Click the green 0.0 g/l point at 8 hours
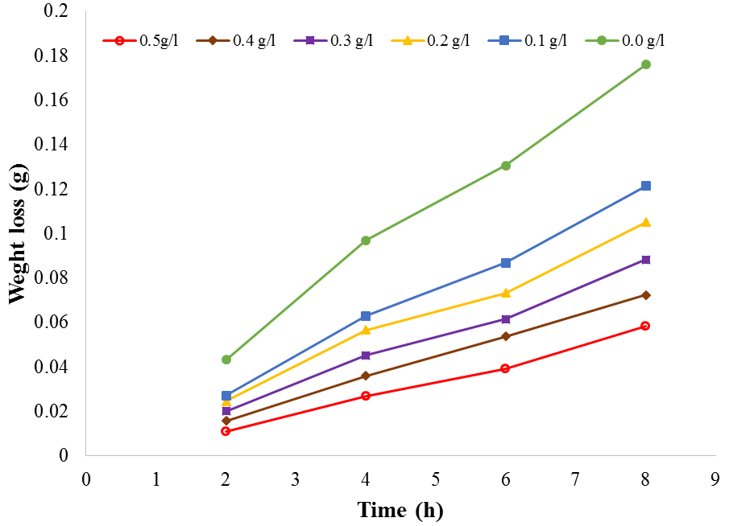coord(645,64)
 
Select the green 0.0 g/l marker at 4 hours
coord(366,240)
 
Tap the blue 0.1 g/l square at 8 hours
coord(645,186)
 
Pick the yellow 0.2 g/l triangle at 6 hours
coord(505,293)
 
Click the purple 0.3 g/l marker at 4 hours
coord(366,355)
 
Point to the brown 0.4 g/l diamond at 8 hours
coord(645,295)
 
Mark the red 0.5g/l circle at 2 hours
coord(226,431)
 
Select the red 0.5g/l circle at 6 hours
coord(505,368)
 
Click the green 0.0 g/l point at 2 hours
coord(226,360)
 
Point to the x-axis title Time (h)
coord(400,510)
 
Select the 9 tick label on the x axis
coord(714,479)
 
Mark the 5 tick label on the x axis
coord(435,479)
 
